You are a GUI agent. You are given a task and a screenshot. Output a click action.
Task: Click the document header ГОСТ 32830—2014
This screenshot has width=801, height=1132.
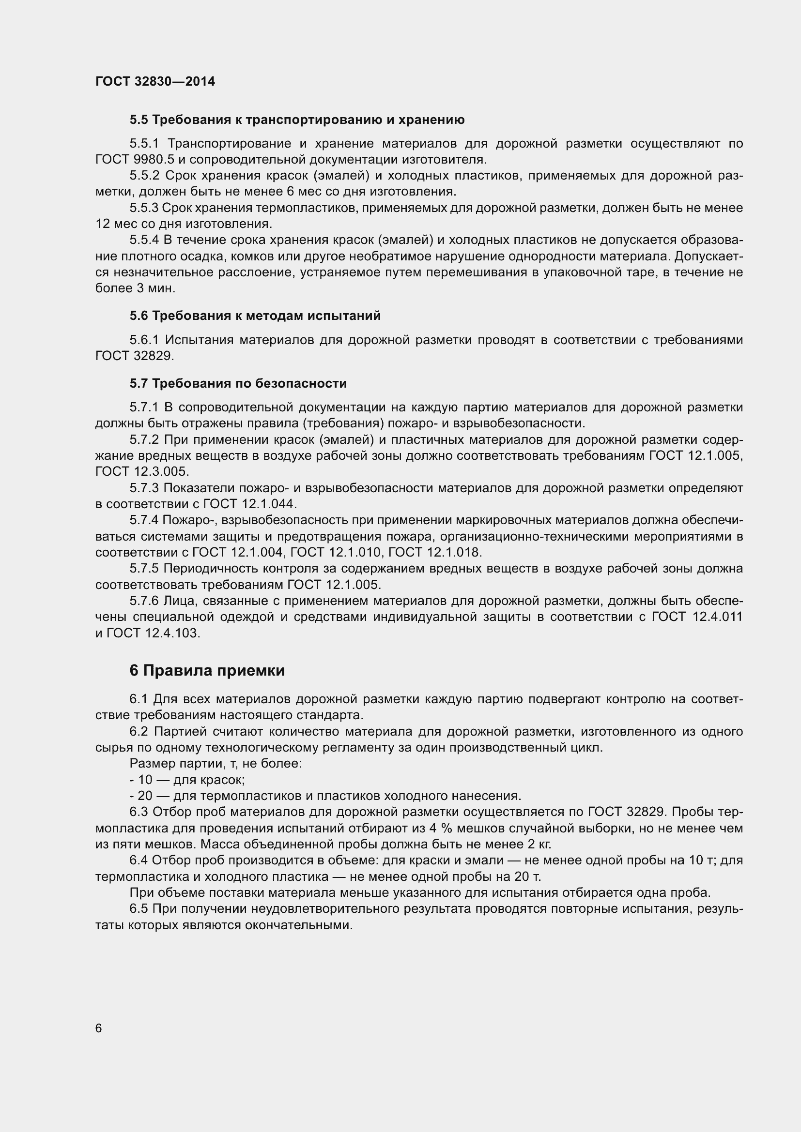pos(155,81)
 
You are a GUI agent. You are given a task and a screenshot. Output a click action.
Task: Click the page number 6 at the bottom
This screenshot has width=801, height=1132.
pos(99,1028)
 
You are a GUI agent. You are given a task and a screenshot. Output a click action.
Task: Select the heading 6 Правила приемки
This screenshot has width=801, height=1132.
pos(207,670)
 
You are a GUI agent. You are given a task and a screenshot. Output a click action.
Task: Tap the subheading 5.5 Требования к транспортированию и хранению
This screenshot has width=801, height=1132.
pos(297,120)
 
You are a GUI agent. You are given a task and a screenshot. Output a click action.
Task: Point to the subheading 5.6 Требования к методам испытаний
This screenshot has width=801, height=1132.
pos(255,316)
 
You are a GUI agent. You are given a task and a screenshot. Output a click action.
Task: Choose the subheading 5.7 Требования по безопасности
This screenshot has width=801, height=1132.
pos(238,383)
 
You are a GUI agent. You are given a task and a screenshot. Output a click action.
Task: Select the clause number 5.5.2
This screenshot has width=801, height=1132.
pos(144,176)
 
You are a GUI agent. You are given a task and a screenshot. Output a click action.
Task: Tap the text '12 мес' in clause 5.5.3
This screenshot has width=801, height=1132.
pos(111,224)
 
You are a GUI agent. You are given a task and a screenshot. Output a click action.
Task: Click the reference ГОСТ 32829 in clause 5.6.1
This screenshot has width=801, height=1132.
pos(134,356)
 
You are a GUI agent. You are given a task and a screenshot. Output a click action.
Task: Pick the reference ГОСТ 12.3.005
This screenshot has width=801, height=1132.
pos(141,471)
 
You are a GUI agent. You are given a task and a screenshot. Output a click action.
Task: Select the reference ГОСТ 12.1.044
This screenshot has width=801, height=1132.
pos(250,504)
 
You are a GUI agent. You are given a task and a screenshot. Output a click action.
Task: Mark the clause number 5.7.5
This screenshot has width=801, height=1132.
pos(144,569)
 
